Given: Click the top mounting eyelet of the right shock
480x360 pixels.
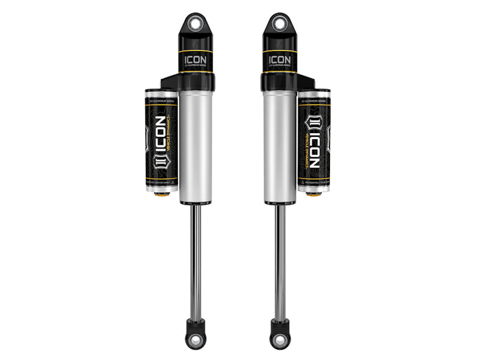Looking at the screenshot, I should [278, 23].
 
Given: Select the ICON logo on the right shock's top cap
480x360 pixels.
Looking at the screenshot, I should [278, 61].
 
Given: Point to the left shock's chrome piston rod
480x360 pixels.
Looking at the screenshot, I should [196, 258].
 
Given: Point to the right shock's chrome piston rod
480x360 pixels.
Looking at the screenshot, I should [278, 258].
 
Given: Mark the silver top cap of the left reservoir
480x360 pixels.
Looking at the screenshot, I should [161, 94].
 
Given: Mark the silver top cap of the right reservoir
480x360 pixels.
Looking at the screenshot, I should [313, 94].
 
